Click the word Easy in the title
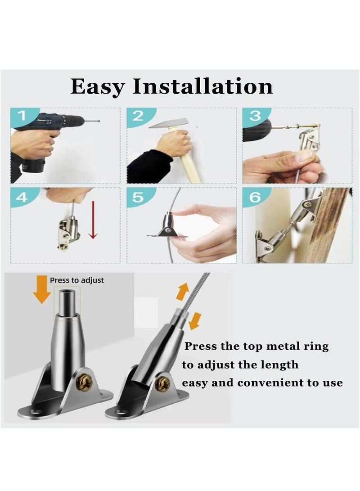[x=98, y=87]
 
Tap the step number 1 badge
[x=23, y=117]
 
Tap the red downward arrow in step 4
[x=93, y=220]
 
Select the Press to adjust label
[x=76, y=280]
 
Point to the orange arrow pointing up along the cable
[x=182, y=292]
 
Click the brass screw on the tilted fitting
[x=163, y=384]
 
